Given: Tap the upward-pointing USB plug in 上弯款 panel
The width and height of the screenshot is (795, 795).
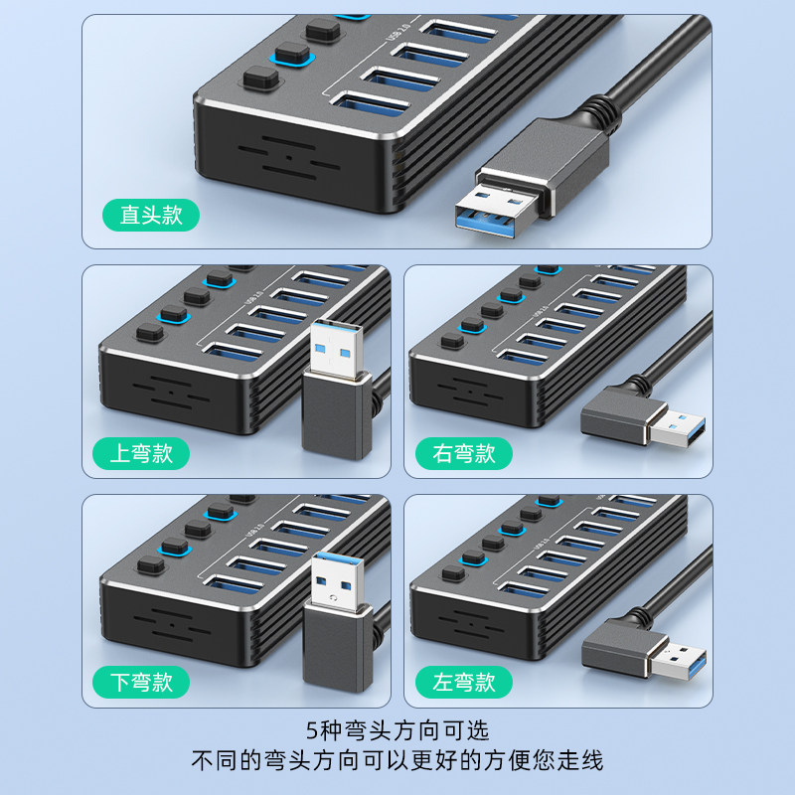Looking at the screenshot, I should click(338, 368).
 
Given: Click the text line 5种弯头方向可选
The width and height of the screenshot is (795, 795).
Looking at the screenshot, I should click(397, 731).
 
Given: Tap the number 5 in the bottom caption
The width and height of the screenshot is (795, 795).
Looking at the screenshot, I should click(312, 731).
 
